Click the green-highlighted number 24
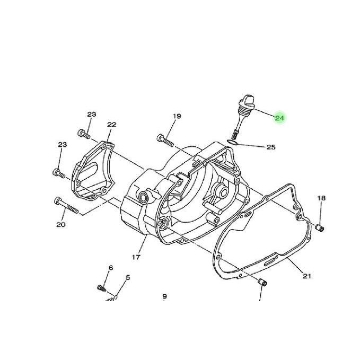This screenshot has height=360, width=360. point(279,118)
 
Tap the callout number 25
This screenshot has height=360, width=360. point(271,147)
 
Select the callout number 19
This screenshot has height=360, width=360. point(177,116)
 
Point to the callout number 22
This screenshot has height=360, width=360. point(111,125)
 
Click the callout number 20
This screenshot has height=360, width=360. point(61,225)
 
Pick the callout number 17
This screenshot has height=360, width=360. point(136,257)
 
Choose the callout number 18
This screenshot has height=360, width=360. point(321,198)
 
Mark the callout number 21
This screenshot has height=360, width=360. point(307,276)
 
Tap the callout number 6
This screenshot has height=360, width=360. point(111,268)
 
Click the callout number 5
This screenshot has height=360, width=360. point(128,278)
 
